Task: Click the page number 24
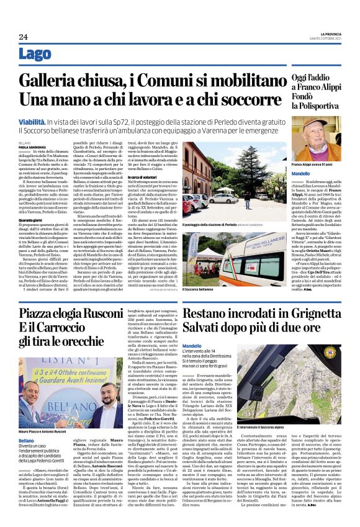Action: [x=23, y=37]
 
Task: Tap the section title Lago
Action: [x=35, y=54]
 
